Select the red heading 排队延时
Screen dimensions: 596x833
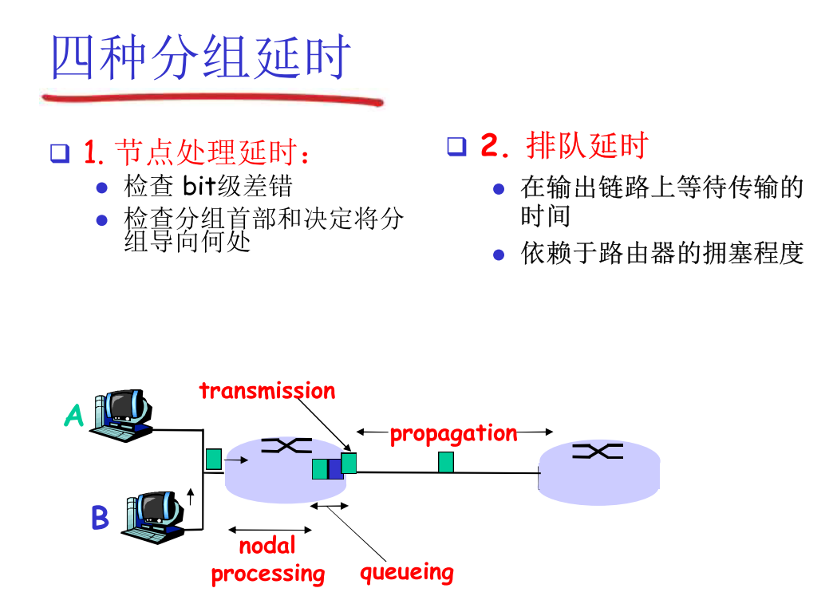[587, 146]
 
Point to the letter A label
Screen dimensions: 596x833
[73, 416]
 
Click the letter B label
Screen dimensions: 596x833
[100, 518]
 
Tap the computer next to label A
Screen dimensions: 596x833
[122, 415]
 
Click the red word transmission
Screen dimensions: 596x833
[267, 391]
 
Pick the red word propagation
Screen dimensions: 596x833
[453, 433]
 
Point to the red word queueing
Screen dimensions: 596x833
[406, 572]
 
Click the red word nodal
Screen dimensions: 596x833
[267, 547]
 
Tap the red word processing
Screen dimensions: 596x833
[268, 574]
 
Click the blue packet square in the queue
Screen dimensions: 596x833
[335, 468]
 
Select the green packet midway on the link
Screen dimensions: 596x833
[446, 462]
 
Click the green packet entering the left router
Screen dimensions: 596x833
[213, 460]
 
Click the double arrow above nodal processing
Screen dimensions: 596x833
[270, 529]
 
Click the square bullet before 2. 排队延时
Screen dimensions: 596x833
[456, 147]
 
